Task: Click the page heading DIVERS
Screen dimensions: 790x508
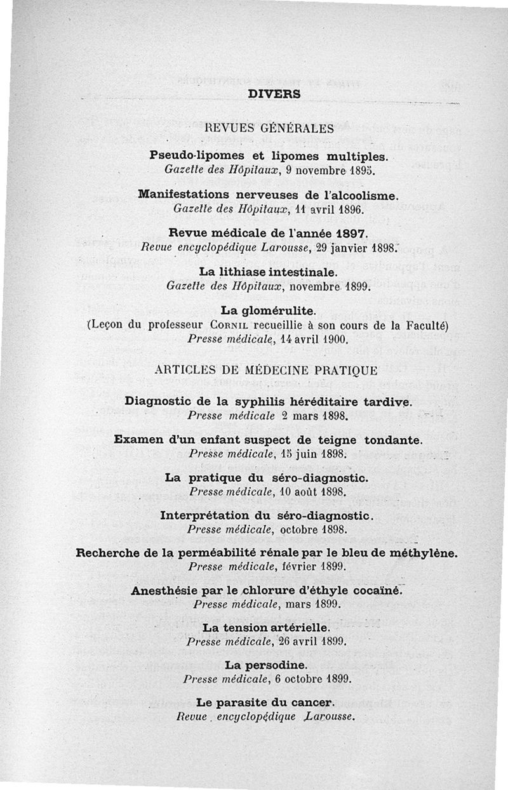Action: pos(274,93)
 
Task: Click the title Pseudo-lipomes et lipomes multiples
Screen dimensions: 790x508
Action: pos(273,156)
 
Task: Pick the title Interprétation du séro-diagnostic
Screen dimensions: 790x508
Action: pos(266,515)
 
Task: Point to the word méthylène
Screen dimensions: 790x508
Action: pos(424,553)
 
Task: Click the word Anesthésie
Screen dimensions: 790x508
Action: pos(164,590)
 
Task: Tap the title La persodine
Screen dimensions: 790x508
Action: pos(267,666)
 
